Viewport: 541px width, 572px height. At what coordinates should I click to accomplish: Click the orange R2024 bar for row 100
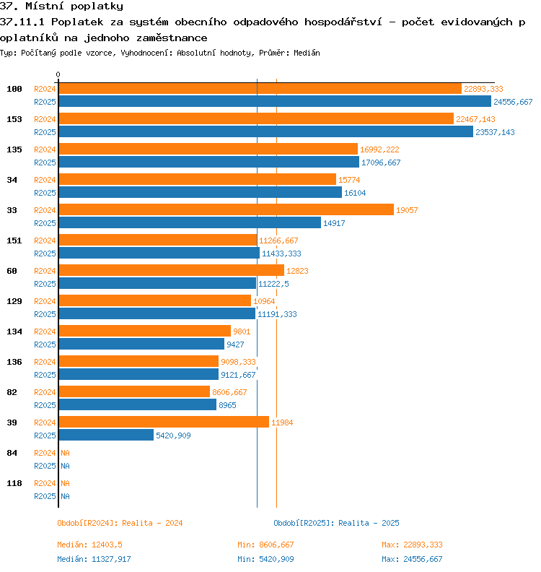260,89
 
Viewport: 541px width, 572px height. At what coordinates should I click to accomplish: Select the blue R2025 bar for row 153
266,131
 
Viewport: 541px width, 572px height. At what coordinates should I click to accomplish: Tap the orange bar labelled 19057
226,209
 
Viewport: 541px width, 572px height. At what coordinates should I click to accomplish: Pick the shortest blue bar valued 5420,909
106,435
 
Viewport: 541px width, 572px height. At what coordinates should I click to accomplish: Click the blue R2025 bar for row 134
141,344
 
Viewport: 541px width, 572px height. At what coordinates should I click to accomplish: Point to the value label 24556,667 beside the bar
513,102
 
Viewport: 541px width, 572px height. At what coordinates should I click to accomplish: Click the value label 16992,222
379,149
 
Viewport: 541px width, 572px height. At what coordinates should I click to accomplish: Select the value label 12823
297,271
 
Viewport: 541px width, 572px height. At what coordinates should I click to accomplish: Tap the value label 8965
227,405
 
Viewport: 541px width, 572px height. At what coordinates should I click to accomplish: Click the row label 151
14,240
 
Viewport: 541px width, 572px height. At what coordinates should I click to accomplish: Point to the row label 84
12,453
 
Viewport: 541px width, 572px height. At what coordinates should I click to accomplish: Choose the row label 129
14,301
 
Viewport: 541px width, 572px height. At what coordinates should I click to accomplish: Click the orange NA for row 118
65,483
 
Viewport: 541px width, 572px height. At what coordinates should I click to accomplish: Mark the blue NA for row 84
65,466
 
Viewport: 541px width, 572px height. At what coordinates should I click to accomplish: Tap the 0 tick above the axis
58,74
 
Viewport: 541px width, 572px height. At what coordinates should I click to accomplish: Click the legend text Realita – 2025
369,523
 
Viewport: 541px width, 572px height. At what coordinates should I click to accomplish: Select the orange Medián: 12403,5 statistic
89,545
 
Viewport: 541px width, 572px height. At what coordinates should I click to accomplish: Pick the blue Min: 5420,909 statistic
265,559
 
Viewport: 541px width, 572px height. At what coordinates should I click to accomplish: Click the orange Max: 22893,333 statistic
412,545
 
